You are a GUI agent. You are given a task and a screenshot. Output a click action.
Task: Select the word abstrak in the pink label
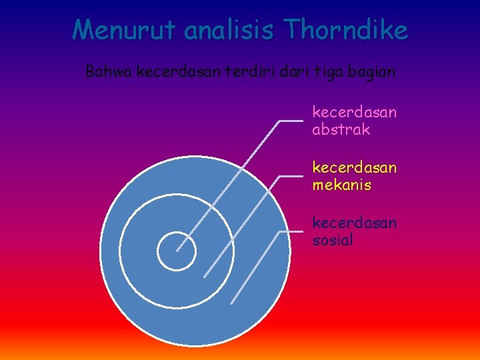(x=341, y=129)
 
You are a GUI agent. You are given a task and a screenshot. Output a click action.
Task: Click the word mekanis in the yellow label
(x=341, y=185)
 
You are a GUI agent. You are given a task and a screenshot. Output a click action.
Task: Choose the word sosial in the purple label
(x=333, y=240)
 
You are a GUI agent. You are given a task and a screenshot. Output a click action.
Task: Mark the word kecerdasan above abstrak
(x=354, y=112)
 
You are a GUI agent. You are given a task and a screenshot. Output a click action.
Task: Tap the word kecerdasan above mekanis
(x=354, y=167)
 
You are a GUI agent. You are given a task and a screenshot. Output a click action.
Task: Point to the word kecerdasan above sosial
(x=354, y=223)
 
